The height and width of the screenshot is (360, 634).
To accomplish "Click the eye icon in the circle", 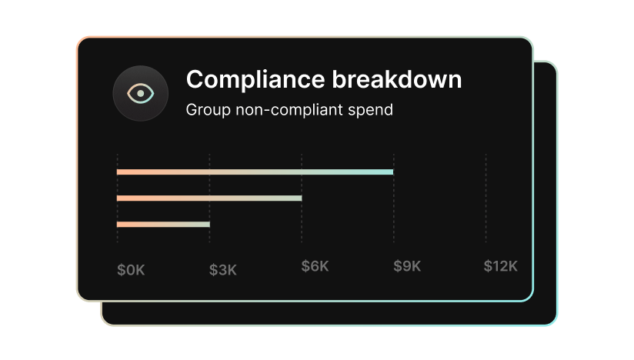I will [141, 94].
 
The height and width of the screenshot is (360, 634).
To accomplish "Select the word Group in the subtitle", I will [208, 110].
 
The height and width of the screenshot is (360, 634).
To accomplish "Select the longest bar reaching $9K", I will [255, 172].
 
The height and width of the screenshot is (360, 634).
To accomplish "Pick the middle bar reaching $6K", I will [209, 198].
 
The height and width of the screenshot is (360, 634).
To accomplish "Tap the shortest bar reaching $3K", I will [163, 224].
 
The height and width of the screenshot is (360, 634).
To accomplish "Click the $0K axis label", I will [131, 269].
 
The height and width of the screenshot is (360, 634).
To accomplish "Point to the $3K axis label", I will [223, 269].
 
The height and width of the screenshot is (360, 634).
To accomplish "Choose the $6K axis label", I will [315, 266].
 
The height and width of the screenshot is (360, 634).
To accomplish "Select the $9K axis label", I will [407, 266].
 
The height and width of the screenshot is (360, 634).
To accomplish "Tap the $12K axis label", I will [500, 266].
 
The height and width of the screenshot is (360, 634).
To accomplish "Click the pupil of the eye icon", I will [141, 94].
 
